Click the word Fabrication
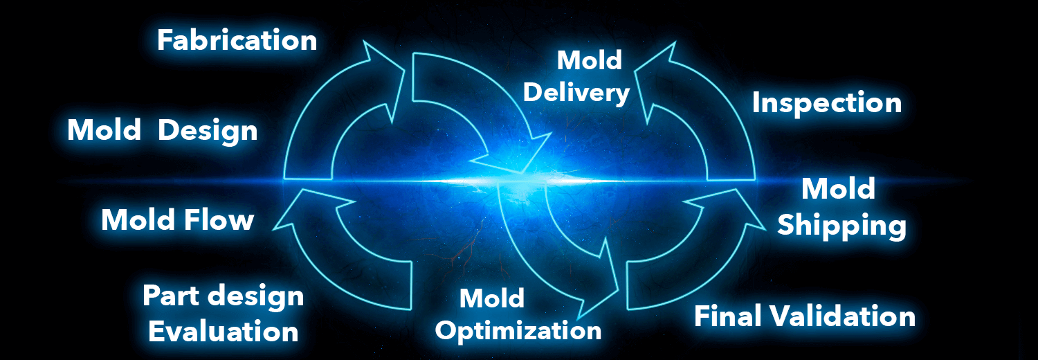(x=237, y=39)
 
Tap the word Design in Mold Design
(x=208, y=130)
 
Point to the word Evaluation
(x=223, y=331)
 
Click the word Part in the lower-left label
(x=172, y=296)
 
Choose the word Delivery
(x=576, y=92)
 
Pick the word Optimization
(x=519, y=330)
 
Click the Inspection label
(x=827, y=103)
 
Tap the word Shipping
(x=841, y=226)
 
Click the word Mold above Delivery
(x=590, y=60)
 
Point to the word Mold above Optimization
(x=492, y=298)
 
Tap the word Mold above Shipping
(x=838, y=189)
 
